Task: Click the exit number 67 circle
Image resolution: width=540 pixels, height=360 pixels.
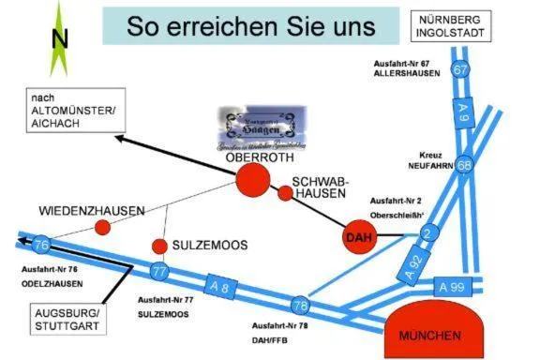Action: (x=459, y=69)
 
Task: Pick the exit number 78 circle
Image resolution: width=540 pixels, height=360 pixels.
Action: (x=300, y=306)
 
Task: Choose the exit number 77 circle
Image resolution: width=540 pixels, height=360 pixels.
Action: (x=159, y=273)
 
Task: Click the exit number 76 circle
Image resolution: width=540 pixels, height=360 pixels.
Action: (x=39, y=246)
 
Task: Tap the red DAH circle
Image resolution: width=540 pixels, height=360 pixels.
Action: (x=360, y=238)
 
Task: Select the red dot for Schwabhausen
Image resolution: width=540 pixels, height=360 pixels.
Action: (x=285, y=193)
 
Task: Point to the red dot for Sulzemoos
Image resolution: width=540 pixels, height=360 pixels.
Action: (x=159, y=246)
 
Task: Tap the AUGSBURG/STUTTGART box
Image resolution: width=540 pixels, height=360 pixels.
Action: (x=61, y=319)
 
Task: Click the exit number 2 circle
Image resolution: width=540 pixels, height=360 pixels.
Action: (x=429, y=232)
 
